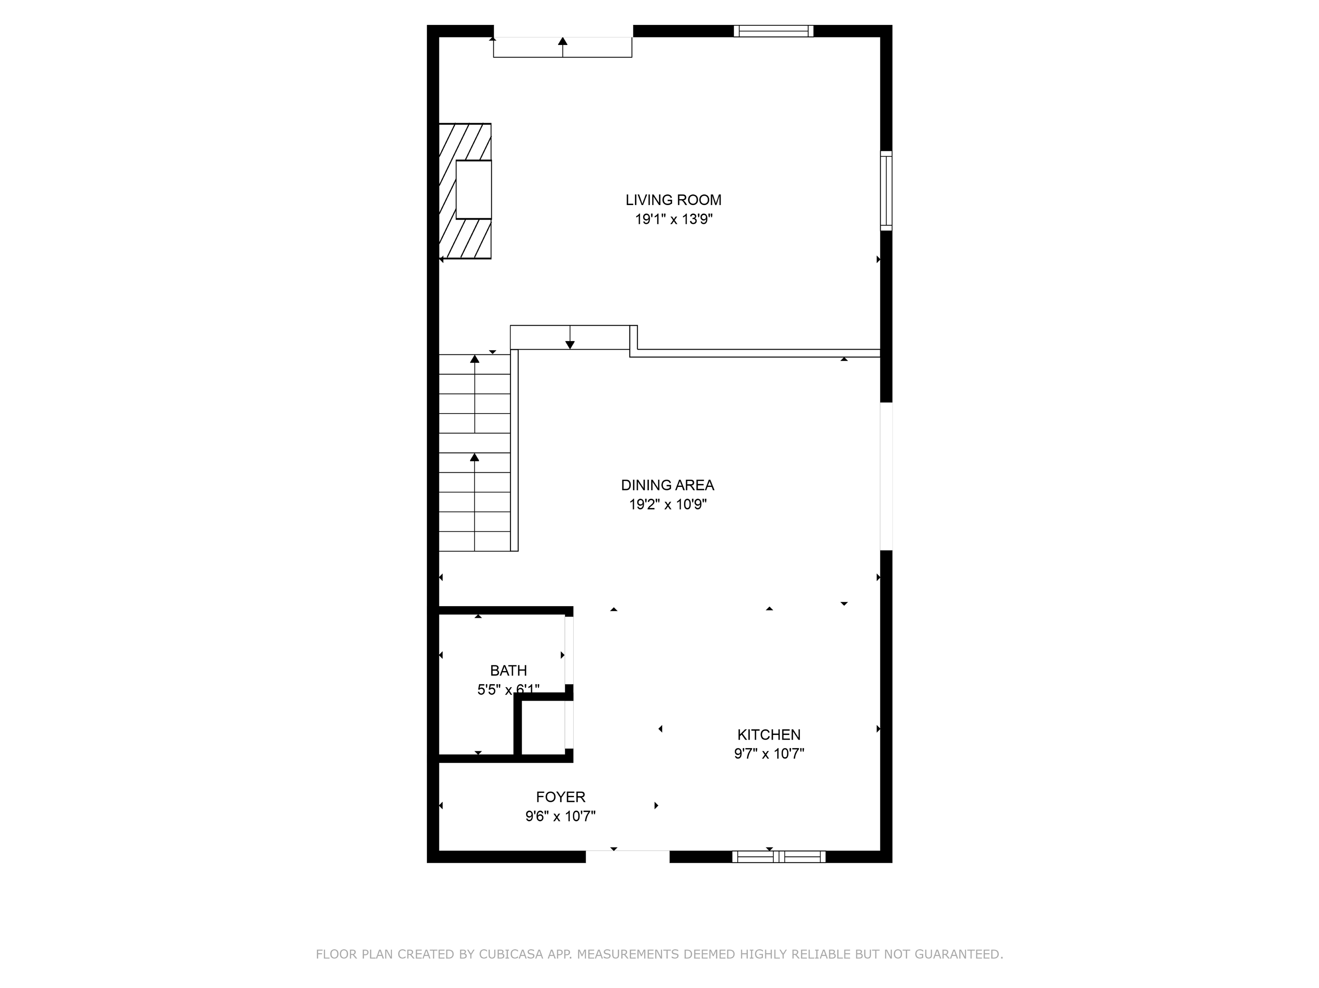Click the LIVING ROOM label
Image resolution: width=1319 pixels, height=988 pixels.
click(673, 200)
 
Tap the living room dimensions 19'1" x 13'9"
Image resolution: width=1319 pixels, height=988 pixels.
click(674, 219)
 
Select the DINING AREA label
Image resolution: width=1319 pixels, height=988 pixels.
click(667, 485)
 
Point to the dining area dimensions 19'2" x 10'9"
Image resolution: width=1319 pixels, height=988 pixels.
click(668, 505)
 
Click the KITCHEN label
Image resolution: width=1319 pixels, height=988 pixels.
click(769, 735)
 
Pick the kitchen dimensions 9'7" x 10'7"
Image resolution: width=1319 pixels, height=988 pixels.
click(769, 754)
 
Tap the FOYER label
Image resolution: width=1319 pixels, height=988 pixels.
click(560, 797)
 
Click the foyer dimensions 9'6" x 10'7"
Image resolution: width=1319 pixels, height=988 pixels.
click(560, 816)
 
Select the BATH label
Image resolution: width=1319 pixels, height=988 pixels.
click(508, 671)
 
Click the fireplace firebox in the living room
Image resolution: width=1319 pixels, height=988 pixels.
click(474, 190)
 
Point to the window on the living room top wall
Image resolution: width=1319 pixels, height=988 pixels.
click(773, 31)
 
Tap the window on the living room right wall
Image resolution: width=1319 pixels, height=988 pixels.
click(887, 190)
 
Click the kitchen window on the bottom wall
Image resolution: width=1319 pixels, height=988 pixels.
click(779, 857)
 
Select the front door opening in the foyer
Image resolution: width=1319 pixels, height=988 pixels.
click(627, 856)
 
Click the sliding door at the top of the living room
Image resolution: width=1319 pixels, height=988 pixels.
click(563, 46)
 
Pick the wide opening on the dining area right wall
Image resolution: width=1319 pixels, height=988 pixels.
click(887, 476)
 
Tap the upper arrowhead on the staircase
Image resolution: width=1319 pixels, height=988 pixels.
click(474, 359)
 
